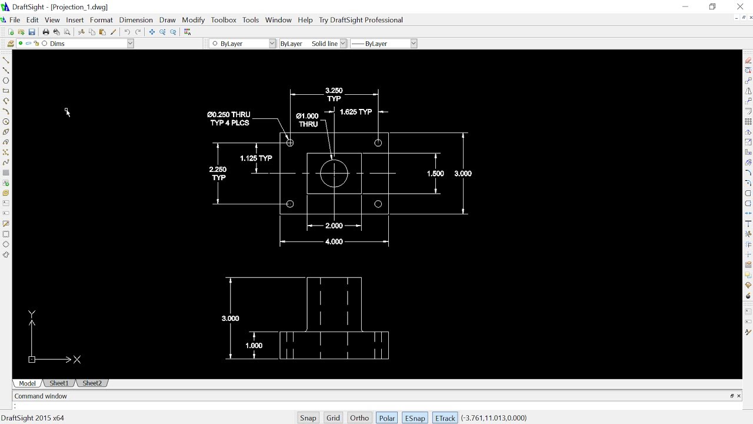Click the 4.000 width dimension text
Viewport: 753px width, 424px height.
pos(334,241)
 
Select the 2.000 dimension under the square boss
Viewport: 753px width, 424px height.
pos(334,226)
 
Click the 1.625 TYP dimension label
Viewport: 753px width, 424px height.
pos(356,111)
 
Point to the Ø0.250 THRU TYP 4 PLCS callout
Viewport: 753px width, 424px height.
pos(229,118)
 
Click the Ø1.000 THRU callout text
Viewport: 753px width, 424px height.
pos(308,120)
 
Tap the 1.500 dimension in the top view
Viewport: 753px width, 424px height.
pos(435,174)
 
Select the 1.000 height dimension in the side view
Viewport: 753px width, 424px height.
pos(254,346)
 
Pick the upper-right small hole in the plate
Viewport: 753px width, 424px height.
pos(378,143)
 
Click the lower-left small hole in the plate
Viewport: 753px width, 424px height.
pos(290,204)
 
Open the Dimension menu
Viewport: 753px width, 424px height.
pos(136,20)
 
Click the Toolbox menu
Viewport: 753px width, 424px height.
pos(224,20)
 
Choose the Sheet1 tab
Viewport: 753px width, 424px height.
pos(59,383)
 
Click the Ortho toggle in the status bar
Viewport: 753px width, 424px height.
pos(359,418)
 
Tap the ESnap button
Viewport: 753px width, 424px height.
pos(415,418)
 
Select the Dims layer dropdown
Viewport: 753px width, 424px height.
pos(88,44)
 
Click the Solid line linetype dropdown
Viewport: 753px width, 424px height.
pos(313,44)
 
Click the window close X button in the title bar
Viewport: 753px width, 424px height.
pos(740,6)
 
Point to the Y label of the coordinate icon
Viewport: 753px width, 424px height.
pos(32,314)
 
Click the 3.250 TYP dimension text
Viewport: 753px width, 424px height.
pos(334,94)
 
